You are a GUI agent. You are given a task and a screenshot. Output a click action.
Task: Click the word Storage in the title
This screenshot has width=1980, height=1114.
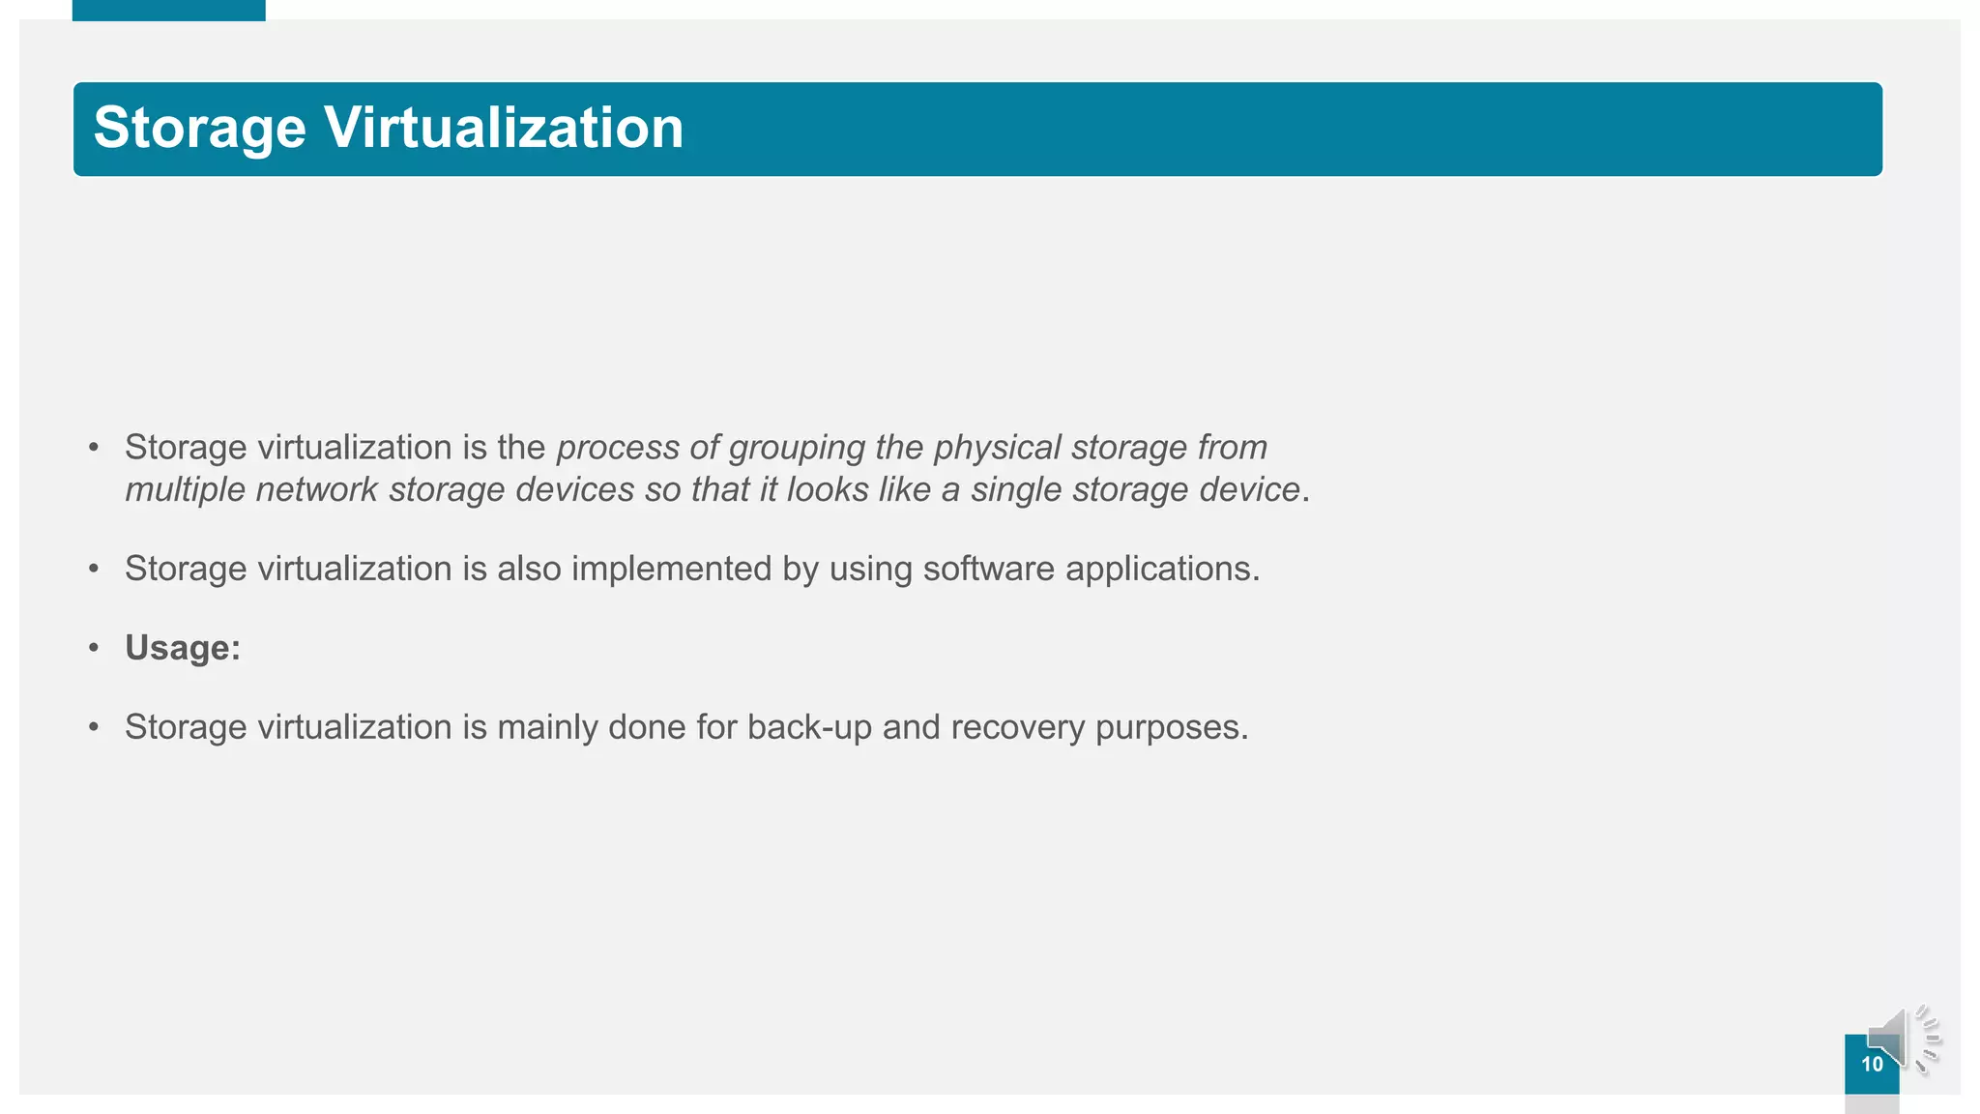point(199,129)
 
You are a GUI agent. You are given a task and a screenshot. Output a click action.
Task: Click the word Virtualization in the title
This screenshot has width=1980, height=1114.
point(503,128)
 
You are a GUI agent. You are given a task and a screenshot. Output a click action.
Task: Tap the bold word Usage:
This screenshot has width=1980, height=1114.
point(183,648)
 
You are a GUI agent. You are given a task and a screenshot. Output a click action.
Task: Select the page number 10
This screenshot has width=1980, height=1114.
point(1872,1065)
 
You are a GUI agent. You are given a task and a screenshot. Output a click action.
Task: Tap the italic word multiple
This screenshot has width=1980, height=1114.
point(185,490)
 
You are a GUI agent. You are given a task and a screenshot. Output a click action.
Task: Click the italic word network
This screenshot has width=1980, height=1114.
point(316,489)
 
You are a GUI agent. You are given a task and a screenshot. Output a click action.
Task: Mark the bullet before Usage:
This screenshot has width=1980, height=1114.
point(94,648)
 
